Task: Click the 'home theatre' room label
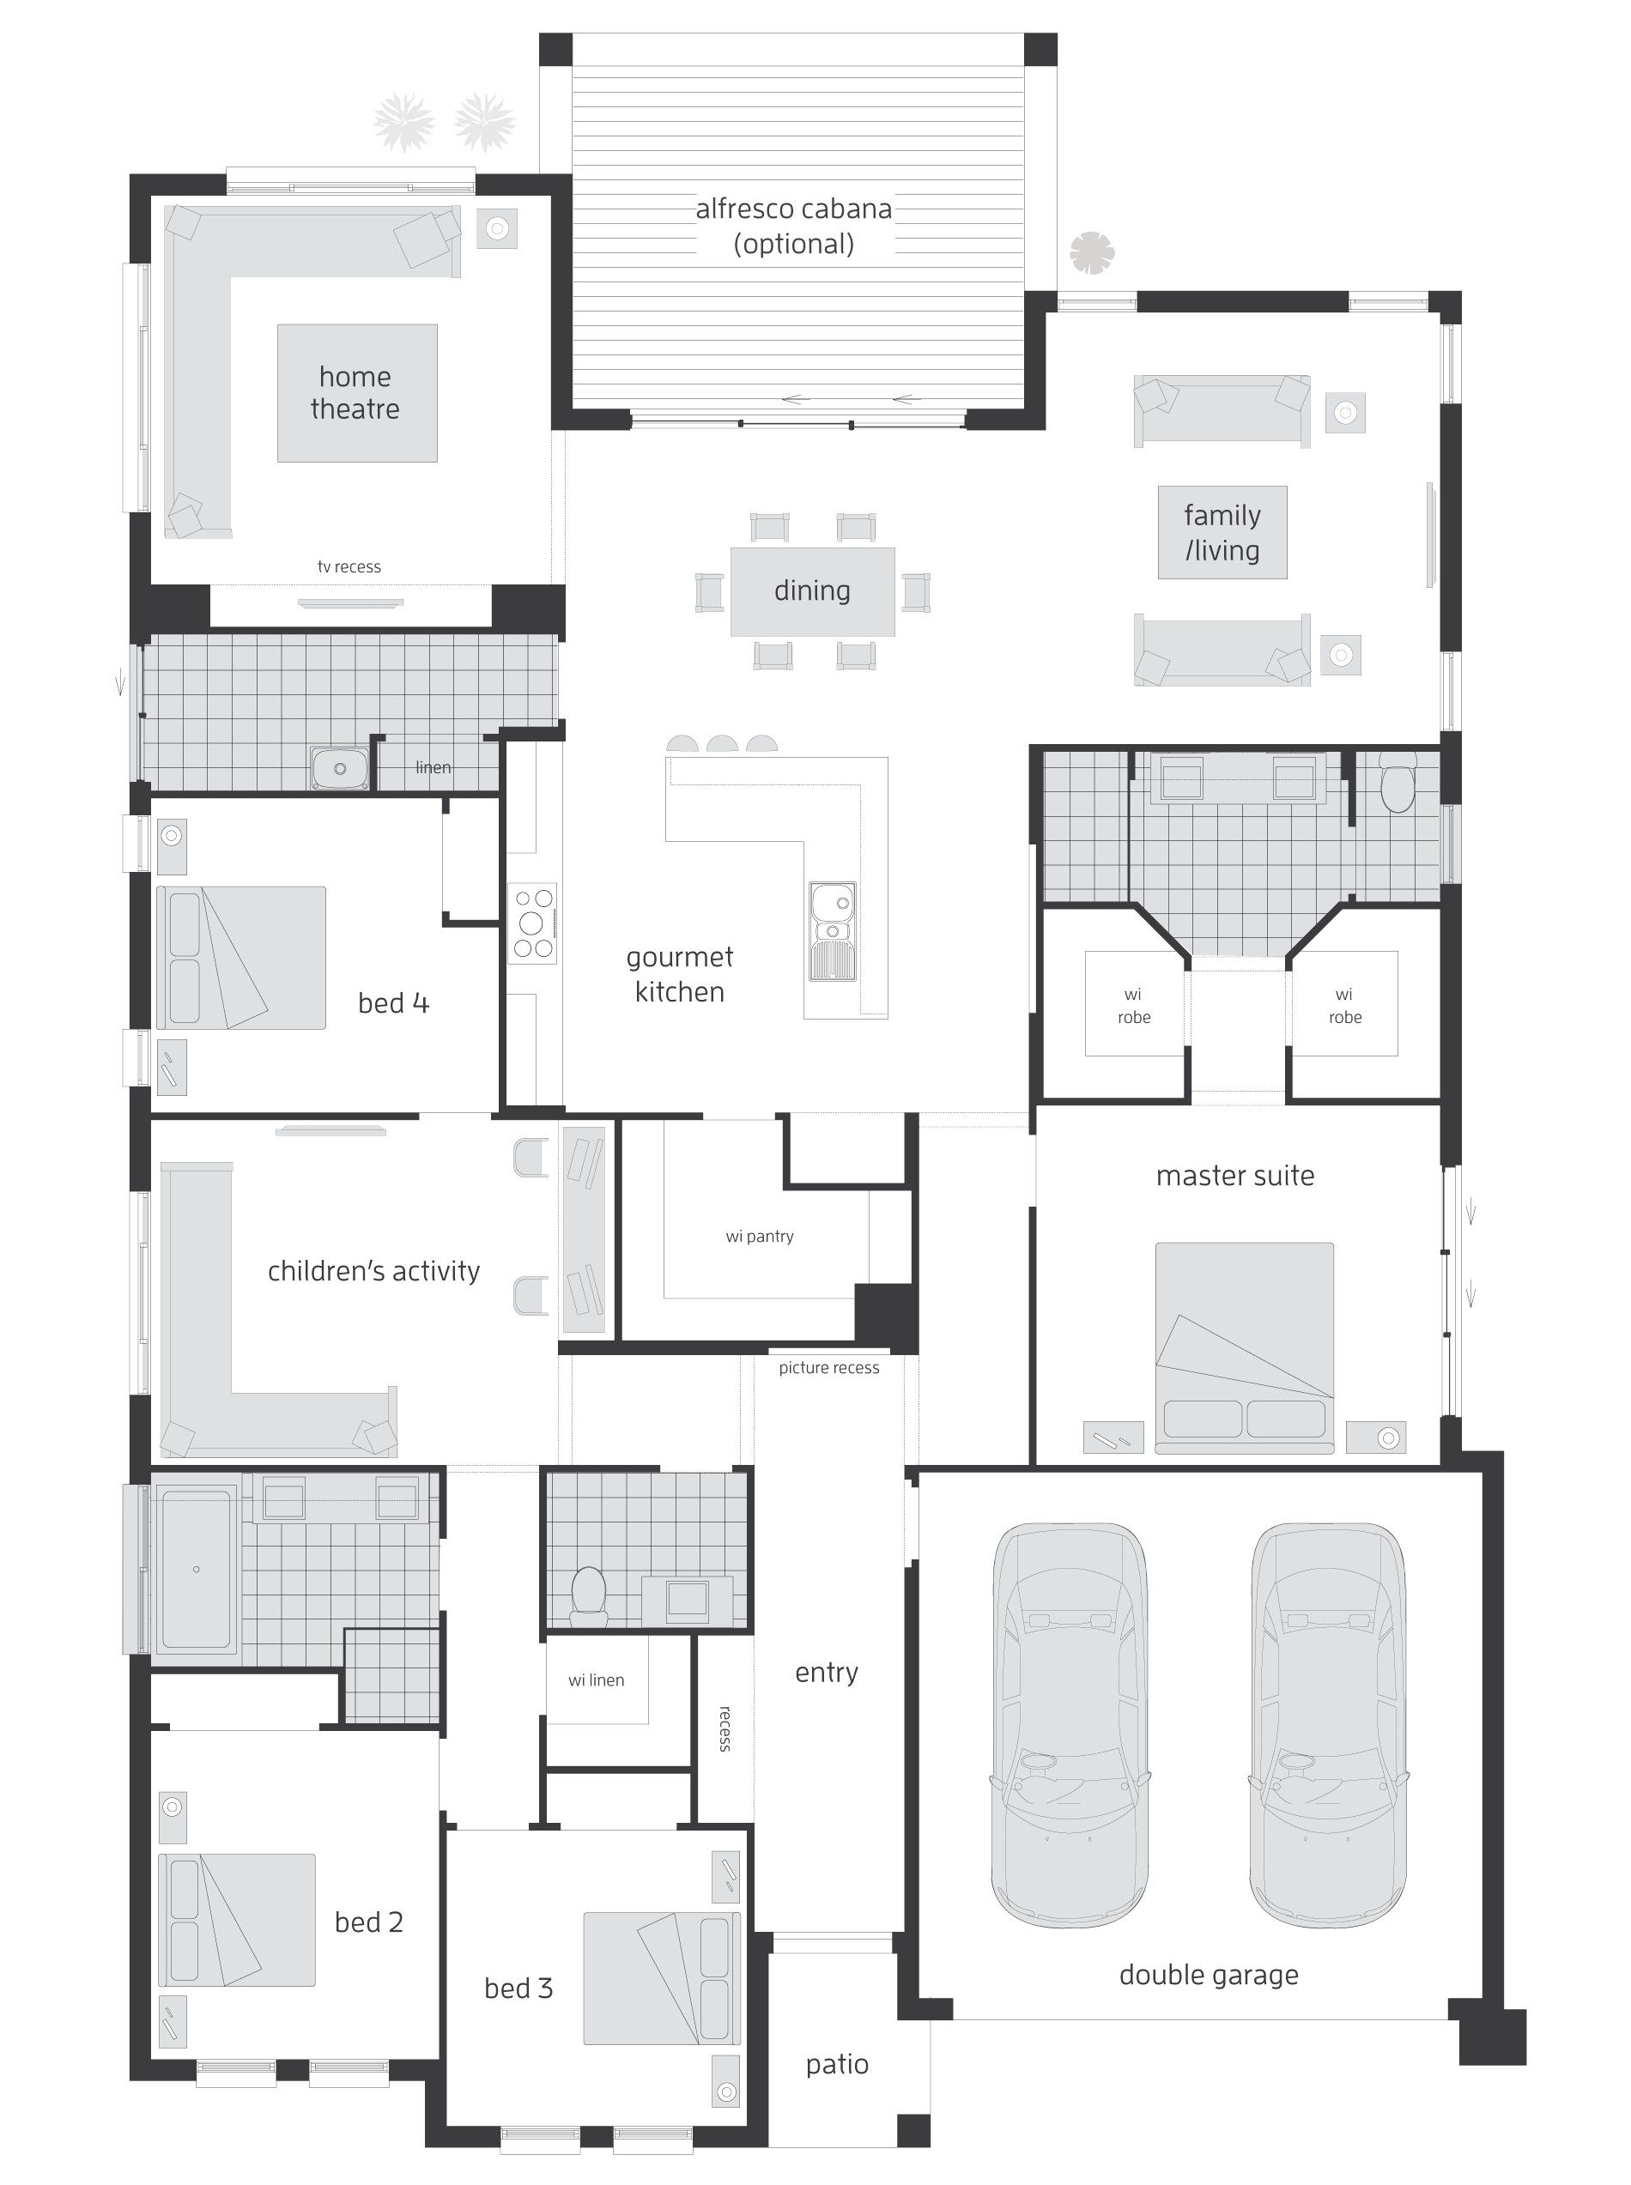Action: point(355,393)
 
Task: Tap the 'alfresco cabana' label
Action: point(794,209)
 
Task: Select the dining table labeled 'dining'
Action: point(811,590)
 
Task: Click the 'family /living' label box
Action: point(1222,532)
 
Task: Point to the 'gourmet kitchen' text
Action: point(679,974)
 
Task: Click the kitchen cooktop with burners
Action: point(532,923)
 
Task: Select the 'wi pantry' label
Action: point(759,1236)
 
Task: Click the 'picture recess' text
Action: point(828,1367)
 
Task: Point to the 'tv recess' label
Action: point(349,566)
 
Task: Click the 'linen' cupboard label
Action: point(434,767)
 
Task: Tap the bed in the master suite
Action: point(1244,1347)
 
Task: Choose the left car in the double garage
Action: point(1070,1723)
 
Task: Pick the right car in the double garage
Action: point(1329,1723)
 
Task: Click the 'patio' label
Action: point(837,2064)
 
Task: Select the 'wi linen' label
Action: point(597,1680)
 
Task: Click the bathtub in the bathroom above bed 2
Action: point(196,1568)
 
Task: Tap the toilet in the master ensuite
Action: point(1397,784)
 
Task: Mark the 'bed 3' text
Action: point(518,1988)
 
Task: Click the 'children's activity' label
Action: point(373,1271)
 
